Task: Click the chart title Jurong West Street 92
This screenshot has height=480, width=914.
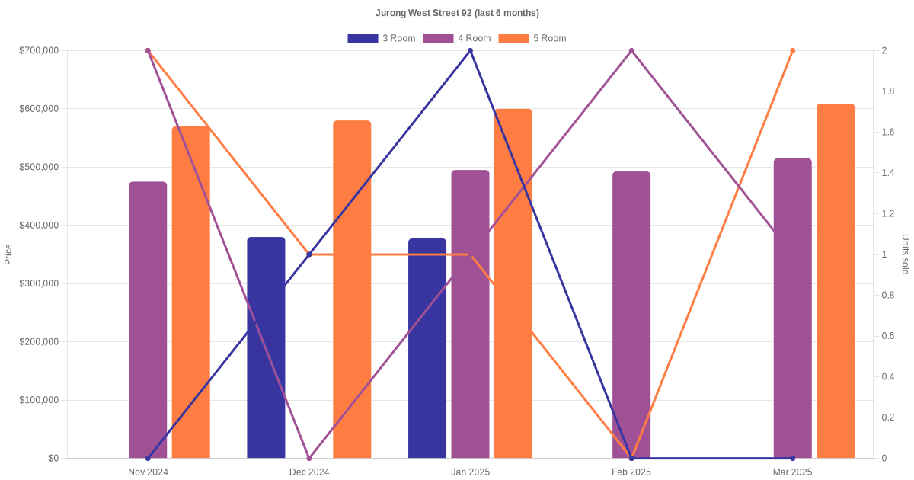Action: tap(457, 13)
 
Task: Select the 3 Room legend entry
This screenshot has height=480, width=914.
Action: tap(382, 38)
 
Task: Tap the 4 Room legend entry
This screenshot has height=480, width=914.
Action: tap(457, 38)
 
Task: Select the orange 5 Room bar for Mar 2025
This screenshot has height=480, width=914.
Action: tap(836, 282)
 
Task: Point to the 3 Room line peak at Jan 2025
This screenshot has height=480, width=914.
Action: tap(470, 51)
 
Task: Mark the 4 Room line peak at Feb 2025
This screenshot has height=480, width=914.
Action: tap(631, 51)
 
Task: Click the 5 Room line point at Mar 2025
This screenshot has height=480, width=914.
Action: tap(793, 51)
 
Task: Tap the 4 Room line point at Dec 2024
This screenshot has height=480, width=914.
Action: tap(309, 458)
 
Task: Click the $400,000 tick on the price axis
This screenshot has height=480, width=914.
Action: tap(38, 226)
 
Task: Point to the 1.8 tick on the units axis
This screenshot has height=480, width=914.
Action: tap(888, 91)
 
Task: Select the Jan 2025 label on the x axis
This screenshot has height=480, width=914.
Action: tap(470, 472)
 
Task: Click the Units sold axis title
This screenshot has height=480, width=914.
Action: tap(905, 254)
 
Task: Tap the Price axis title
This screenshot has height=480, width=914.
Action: tap(8, 254)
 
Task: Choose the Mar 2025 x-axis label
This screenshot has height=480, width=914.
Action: tap(792, 472)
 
